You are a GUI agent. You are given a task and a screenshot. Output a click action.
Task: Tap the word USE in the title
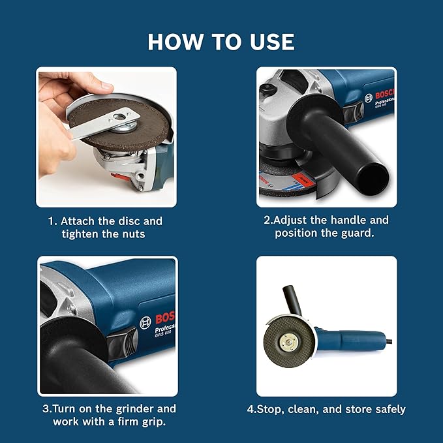click(268, 42)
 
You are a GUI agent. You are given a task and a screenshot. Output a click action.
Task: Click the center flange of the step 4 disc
click(288, 337)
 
